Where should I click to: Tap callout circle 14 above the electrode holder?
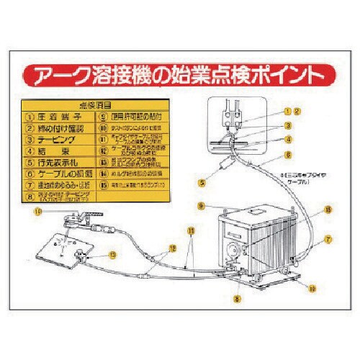[x=38, y=212]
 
